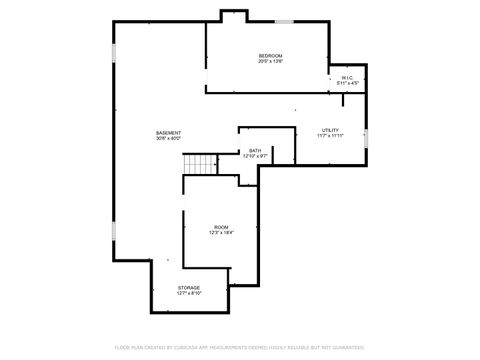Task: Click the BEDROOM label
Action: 270,55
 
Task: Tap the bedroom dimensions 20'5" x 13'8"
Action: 270,61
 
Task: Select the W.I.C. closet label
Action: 346,77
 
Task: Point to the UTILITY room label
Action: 330,130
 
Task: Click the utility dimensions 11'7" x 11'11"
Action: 330,136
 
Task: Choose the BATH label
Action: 255,151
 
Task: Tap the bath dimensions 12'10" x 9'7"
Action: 255,157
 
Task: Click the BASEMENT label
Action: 168,133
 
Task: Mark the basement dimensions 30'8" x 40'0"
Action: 168,139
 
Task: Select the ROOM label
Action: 221,227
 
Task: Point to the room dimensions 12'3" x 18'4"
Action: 221,233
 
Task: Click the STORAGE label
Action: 189,288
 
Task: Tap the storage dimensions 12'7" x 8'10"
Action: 189,294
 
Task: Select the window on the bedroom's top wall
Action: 285,21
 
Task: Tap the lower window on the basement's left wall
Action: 114,230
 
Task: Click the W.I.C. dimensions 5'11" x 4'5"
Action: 346,83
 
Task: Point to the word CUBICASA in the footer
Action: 205,347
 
